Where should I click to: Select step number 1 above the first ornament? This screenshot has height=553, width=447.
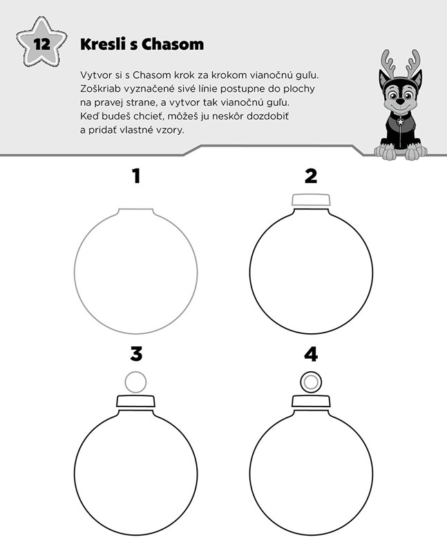click(x=136, y=176)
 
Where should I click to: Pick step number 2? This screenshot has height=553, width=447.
click(x=311, y=176)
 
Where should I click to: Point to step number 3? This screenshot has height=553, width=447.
click(x=136, y=354)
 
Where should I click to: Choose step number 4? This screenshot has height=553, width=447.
click(x=311, y=354)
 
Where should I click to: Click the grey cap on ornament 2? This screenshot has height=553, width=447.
click(x=311, y=200)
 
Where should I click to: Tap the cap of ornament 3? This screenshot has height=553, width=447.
click(x=135, y=402)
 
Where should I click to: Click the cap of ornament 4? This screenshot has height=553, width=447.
click(x=311, y=402)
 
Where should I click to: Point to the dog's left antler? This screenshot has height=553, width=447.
click(x=388, y=62)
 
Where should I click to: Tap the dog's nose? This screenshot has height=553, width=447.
click(x=400, y=101)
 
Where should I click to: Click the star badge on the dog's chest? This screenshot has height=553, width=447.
click(x=401, y=122)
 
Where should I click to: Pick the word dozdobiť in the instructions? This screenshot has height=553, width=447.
click(x=267, y=116)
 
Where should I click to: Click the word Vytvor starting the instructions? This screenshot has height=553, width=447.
click(x=93, y=75)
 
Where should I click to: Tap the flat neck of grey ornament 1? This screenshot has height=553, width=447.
click(x=135, y=209)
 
